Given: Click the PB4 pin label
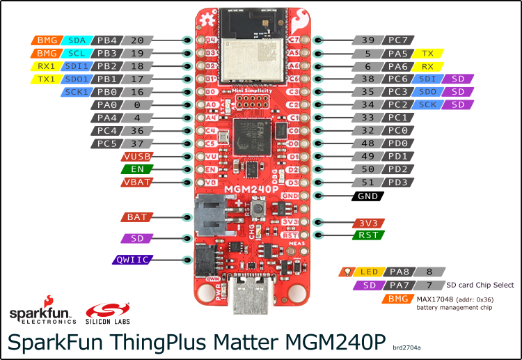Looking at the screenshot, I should coord(106,40).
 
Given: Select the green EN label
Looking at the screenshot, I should coord(136,169).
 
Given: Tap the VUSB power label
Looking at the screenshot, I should coord(136,157).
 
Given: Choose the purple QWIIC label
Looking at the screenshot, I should coord(132,260).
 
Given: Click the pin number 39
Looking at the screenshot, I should coord(368,40).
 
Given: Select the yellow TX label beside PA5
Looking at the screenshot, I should coord(427,53).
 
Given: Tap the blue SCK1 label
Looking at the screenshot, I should coord(76,91).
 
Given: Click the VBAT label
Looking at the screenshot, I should coord(136,182).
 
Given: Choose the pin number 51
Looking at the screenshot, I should coord(368,182).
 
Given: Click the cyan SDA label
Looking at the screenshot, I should coord(76,40).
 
